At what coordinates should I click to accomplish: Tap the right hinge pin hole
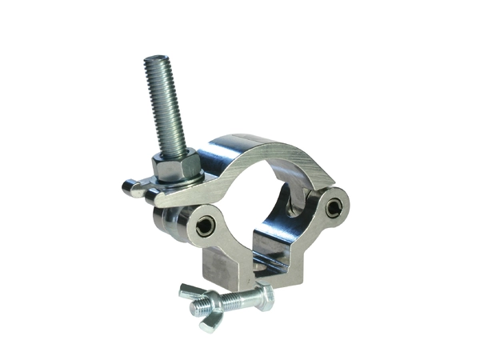331,208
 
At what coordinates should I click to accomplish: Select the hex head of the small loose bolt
265,298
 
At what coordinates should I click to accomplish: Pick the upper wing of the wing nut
190,288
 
